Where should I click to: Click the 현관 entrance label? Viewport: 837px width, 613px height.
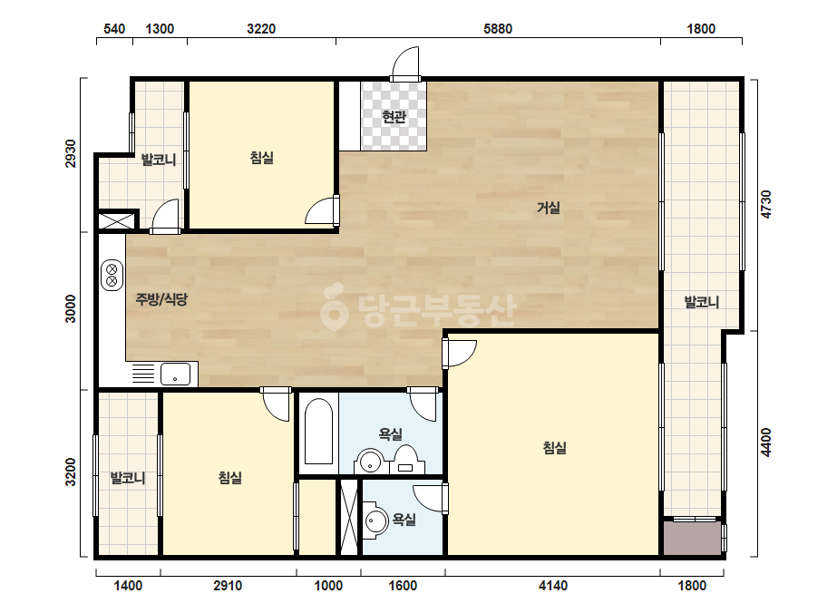[x=394, y=116]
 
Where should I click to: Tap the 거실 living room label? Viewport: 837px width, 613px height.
[x=549, y=207]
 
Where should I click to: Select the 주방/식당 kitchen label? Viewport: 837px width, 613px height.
[x=161, y=299]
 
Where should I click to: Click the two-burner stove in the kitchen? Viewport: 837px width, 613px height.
[x=112, y=276]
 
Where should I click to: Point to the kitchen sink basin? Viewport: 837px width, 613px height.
[x=175, y=374]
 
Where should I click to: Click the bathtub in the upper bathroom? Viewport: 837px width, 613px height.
[x=318, y=432]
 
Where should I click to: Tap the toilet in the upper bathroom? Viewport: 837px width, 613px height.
[x=406, y=460]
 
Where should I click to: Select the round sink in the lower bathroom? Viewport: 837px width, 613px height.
[x=376, y=521]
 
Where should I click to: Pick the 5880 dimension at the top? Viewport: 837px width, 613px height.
[x=498, y=29]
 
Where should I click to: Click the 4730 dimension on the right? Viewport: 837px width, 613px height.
[x=766, y=204]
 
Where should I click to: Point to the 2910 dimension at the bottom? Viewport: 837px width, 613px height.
[x=228, y=586]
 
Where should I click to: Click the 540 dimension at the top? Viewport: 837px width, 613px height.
[x=114, y=29]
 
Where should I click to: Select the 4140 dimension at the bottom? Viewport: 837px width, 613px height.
[x=553, y=586]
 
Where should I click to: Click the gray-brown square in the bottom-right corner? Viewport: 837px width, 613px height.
[x=692, y=539]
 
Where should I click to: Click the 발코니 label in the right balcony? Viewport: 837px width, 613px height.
[x=701, y=302]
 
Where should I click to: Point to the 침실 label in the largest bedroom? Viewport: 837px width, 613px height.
[x=554, y=447]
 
